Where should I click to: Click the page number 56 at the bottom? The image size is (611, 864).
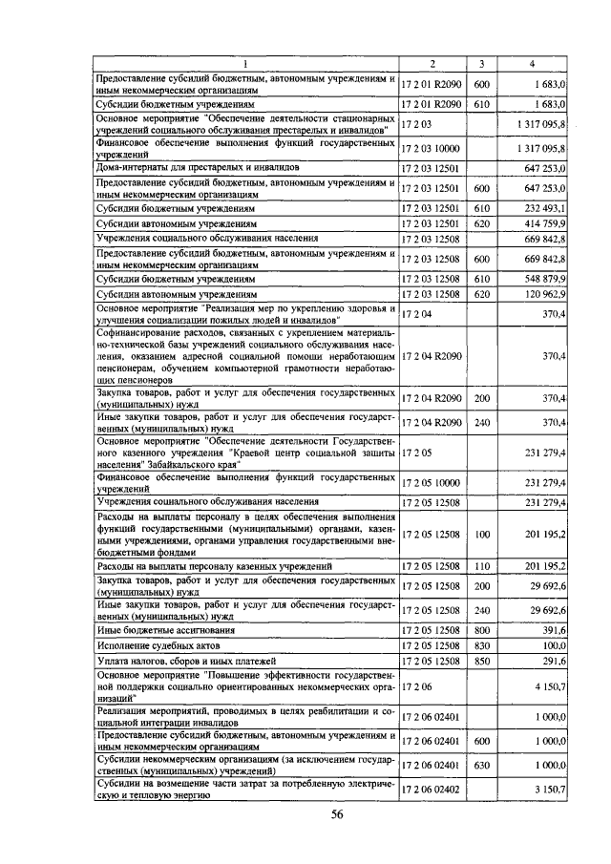[x=337, y=814]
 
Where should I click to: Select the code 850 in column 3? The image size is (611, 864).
[x=481, y=661]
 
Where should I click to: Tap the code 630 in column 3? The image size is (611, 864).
[x=481, y=767]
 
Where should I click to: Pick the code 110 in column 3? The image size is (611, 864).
[x=481, y=566]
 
